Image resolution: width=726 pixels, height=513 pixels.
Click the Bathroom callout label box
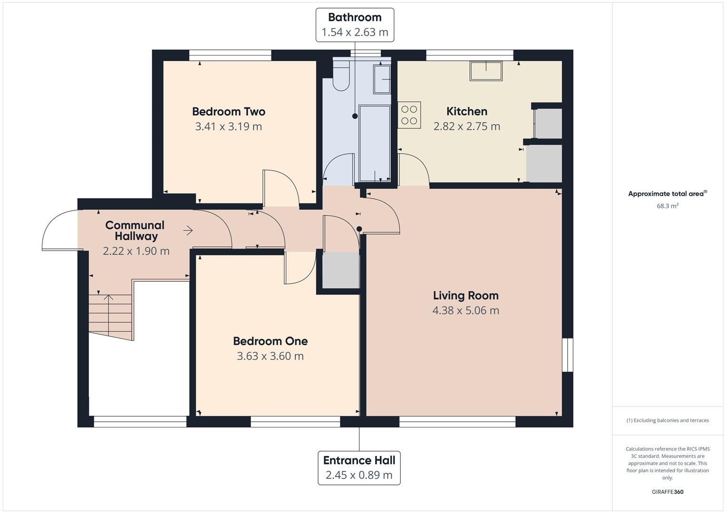pyautogui.click(x=355, y=25)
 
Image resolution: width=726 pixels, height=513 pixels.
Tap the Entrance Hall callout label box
pyautogui.click(x=359, y=468)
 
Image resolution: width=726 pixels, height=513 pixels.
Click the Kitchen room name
pyautogui.click(x=466, y=111)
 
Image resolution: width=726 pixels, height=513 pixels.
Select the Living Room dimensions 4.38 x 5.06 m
pyautogui.click(x=465, y=311)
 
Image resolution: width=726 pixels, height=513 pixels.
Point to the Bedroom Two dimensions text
pyautogui.click(x=228, y=126)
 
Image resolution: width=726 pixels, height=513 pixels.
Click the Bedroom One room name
pyautogui.click(x=270, y=341)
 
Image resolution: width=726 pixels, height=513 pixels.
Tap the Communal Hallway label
pyautogui.click(x=135, y=230)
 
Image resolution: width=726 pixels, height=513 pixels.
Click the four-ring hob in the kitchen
pyautogui.click(x=409, y=115)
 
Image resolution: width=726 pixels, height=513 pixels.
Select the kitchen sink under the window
pyautogui.click(x=486, y=71)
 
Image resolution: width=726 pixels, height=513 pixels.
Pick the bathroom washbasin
pyautogui.click(x=382, y=79)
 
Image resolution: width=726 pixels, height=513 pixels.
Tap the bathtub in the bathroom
pyautogui.click(x=374, y=143)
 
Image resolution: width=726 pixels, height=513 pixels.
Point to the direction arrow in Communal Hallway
pyautogui.click(x=188, y=231)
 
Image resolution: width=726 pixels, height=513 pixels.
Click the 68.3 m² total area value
pyautogui.click(x=667, y=206)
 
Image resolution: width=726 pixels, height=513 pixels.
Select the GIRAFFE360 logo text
pyautogui.click(x=667, y=492)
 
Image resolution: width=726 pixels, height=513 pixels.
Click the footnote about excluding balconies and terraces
pyautogui.click(x=667, y=420)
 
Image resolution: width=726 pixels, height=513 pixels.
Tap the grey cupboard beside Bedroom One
pyautogui.click(x=340, y=270)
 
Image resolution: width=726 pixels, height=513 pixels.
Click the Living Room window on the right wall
pyautogui.click(x=568, y=355)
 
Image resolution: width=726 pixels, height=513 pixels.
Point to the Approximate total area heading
pyautogui.click(x=667, y=194)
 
